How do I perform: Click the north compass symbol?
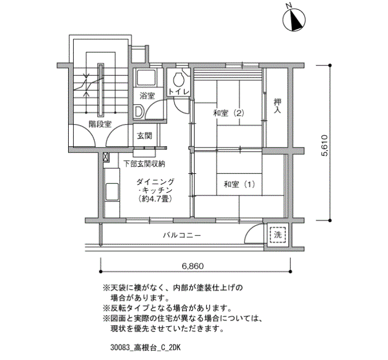tap(293, 20)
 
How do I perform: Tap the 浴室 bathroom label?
tap(147, 95)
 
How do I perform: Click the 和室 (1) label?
tap(239, 184)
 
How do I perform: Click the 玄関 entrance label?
tap(145, 135)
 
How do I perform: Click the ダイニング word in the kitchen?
tap(156, 182)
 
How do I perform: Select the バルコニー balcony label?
tap(182, 235)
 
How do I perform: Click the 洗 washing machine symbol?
tap(278, 234)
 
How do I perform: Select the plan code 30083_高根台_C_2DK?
tap(146, 348)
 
